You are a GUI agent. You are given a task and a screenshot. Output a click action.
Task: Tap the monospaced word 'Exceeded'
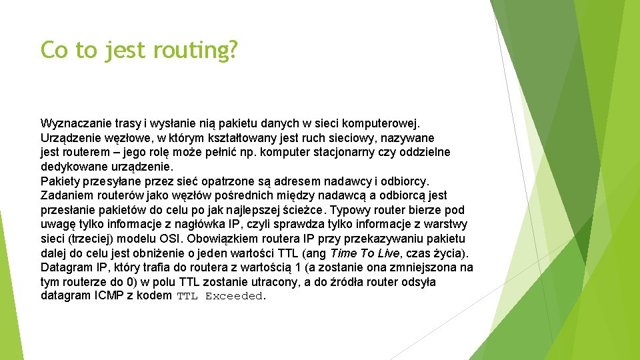point(235,297)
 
